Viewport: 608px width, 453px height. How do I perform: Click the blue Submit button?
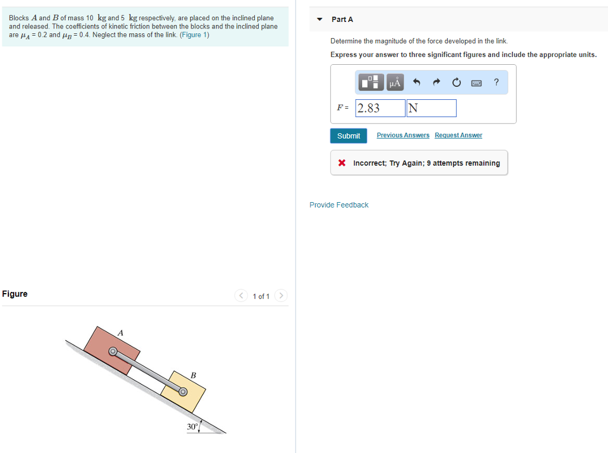point(349,136)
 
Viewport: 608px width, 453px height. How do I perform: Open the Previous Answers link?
point(403,136)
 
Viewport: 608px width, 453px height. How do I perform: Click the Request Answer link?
point(458,136)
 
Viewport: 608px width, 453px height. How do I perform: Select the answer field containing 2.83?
point(380,108)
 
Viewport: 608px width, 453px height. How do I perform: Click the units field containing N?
point(431,108)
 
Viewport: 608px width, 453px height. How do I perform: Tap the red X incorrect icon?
point(342,163)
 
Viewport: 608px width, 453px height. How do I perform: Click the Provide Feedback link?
point(338,205)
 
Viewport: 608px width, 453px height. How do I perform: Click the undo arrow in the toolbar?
point(416,83)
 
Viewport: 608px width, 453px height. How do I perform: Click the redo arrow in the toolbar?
point(436,83)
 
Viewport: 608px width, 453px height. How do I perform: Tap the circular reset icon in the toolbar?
point(456,83)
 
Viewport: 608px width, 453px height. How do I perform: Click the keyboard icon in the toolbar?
point(476,83)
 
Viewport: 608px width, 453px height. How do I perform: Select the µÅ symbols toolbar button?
point(395,83)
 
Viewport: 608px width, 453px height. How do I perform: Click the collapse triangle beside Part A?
point(319,20)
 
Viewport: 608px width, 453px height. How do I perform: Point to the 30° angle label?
point(192,427)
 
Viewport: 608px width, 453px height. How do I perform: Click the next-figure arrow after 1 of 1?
point(281,296)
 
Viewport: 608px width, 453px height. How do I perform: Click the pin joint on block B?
point(183,392)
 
